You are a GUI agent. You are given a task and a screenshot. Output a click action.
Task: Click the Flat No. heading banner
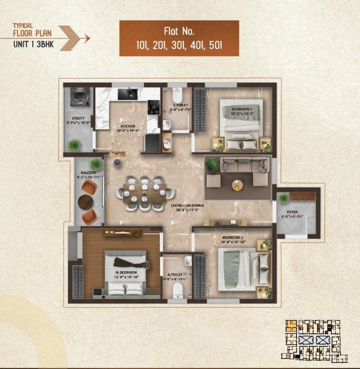(x=179, y=38)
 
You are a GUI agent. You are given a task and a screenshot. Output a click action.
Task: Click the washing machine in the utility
(x=79, y=97)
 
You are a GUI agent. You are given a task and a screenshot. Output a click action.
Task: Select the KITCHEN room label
(x=127, y=127)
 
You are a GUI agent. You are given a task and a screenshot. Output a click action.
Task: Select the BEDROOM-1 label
(x=242, y=110)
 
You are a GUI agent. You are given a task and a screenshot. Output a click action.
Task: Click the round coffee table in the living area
(x=238, y=184)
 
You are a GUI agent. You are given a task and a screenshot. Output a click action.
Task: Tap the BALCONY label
(x=87, y=172)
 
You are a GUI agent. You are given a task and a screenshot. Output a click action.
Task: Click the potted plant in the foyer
(x=284, y=198)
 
